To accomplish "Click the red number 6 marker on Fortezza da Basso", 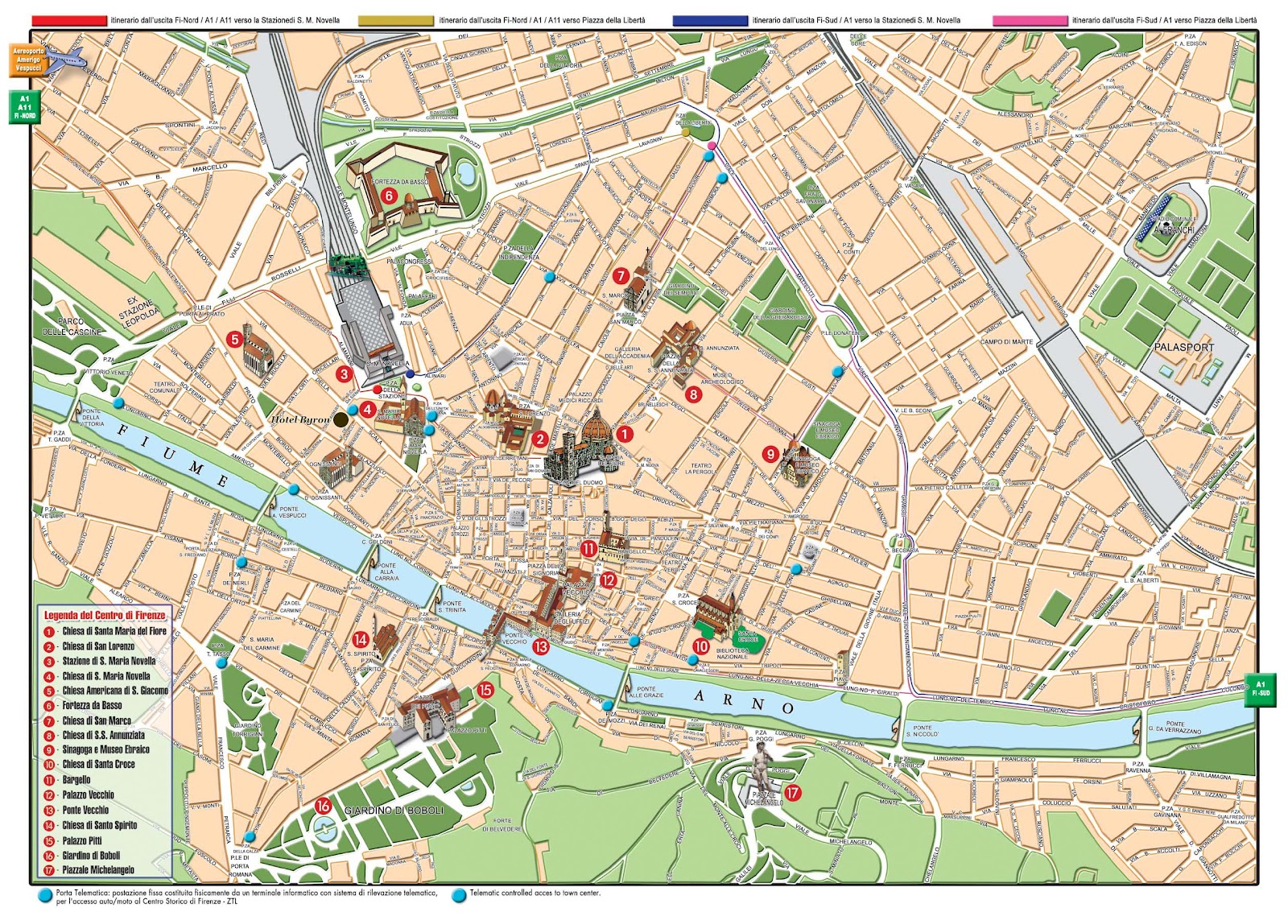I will pyautogui.click(x=388, y=195).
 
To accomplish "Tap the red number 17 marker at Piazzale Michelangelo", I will pyautogui.click(x=793, y=793).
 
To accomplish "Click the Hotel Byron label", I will pyautogui.click(x=299, y=419).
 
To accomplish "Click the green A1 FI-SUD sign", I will pyautogui.click(x=1260, y=689).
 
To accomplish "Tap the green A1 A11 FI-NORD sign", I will pyautogui.click(x=24, y=107).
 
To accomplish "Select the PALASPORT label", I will pyautogui.click(x=1183, y=347).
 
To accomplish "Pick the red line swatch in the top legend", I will pyautogui.click(x=69, y=20).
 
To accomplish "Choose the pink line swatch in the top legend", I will pyautogui.click(x=1030, y=20).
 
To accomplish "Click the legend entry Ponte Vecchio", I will pyautogui.click(x=85, y=810).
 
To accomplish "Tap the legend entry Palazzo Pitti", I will pyautogui.click(x=84, y=840).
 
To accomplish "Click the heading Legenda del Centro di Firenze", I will pyautogui.click(x=105, y=616).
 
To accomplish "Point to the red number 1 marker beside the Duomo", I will pyautogui.click(x=624, y=434).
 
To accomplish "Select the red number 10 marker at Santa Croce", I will pyautogui.click(x=701, y=646).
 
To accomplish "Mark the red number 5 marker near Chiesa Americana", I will pyautogui.click(x=233, y=339).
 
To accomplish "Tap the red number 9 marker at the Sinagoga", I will pyautogui.click(x=770, y=454).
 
